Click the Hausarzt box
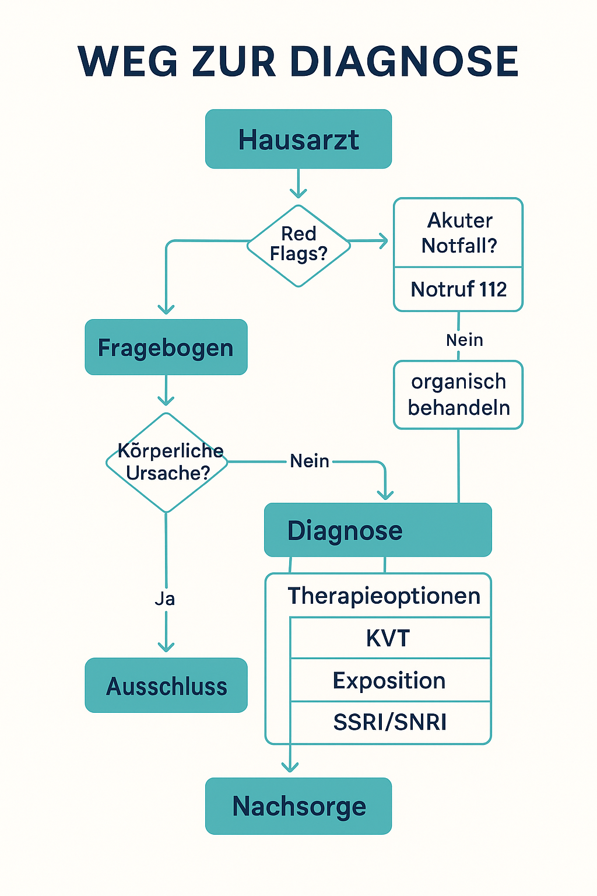click(x=298, y=139)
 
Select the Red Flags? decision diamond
click(x=298, y=245)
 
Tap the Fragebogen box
click(x=166, y=348)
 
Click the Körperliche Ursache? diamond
click(x=167, y=463)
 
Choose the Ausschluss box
click(x=166, y=686)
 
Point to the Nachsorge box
click(x=298, y=806)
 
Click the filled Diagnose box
click(x=378, y=530)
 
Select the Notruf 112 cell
click(x=458, y=289)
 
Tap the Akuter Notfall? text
click(x=459, y=233)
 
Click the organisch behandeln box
click(x=458, y=395)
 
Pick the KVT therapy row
click(x=389, y=638)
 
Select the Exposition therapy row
click(x=389, y=681)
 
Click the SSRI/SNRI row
click(x=389, y=722)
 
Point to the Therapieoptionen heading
click(x=384, y=596)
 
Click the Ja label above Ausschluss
click(x=165, y=599)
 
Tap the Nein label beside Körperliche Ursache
click(x=310, y=461)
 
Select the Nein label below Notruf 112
click(x=464, y=340)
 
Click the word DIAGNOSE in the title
click(x=404, y=62)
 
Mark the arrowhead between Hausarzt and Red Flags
click(x=298, y=193)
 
